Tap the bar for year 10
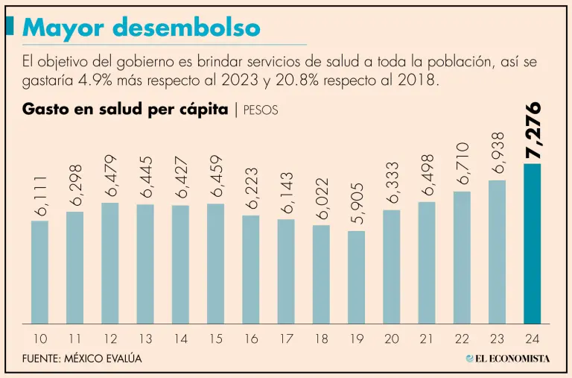click(x=40, y=272)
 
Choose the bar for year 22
click(x=462, y=257)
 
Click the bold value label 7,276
click(x=533, y=131)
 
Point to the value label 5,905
click(x=357, y=204)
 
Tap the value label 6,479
click(x=110, y=176)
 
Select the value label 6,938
click(x=497, y=154)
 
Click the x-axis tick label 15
click(x=215, y=339)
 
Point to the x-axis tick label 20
click(x=391, y=339)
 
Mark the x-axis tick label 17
click(x=286, y=339)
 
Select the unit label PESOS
click(x=261, y=110)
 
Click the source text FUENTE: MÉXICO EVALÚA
click(x=82, y=359)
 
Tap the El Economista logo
click(x=508, y=359)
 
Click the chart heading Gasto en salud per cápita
click(x=125, y=109)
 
